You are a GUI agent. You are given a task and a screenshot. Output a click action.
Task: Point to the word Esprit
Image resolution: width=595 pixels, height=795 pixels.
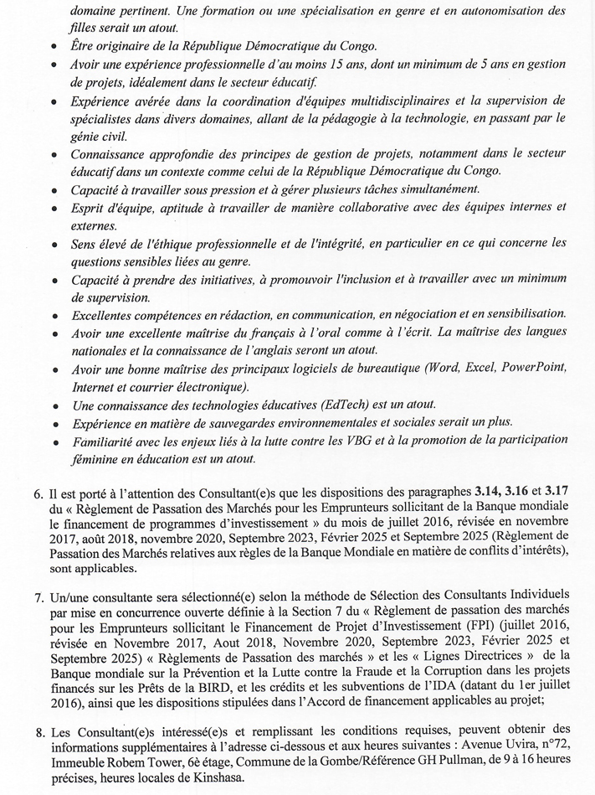[90, 207]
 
